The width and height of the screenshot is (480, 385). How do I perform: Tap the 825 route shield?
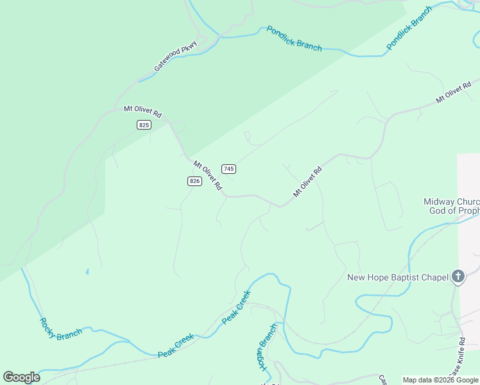(x=144, y=124)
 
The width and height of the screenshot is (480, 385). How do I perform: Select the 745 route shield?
(x=229, y=168)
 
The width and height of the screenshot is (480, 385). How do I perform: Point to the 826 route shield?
(x=195, y=181)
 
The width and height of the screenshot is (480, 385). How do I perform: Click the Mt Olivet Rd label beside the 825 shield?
(x=142, y=112)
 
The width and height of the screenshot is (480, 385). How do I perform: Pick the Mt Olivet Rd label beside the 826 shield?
(x=208, y=175)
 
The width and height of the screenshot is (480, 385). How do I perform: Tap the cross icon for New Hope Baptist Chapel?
(x=458, y=277)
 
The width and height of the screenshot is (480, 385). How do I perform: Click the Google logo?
(x=21, y=377)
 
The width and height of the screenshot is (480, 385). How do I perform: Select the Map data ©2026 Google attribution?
(x=440, y=380)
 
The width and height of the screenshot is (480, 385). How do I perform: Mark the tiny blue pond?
(x=87, y=271)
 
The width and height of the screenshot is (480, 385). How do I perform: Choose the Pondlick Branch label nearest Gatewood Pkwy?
(x=294, y=38)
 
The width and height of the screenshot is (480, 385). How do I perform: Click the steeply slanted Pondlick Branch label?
(x=409, y=29)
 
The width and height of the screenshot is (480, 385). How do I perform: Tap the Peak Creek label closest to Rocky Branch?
(x=176, y=345)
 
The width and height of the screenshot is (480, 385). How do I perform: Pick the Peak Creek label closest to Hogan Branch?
(x=236, y=307)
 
